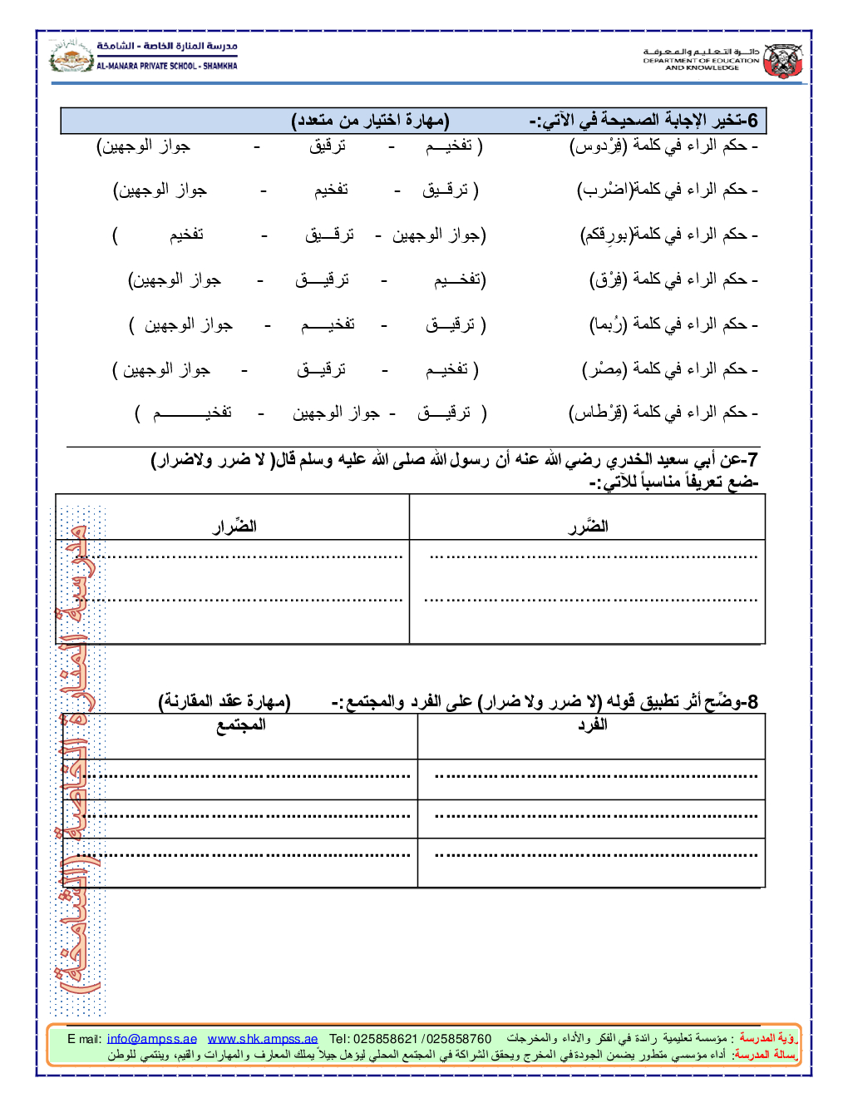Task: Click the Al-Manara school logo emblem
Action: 71,57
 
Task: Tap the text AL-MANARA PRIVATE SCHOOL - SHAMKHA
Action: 167,66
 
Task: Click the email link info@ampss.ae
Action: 152,1039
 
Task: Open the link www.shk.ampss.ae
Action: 263,1039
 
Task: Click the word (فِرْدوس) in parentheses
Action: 599,146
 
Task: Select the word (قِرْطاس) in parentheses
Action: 598,413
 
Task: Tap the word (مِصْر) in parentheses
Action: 604,368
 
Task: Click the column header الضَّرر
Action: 588,526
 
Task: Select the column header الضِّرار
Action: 234,526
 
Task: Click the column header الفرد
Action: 592,725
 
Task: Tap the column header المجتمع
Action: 241,725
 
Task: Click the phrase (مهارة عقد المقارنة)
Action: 224,702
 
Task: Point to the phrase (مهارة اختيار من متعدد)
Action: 371,121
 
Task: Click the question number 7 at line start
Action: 752,460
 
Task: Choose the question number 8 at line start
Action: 752,702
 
